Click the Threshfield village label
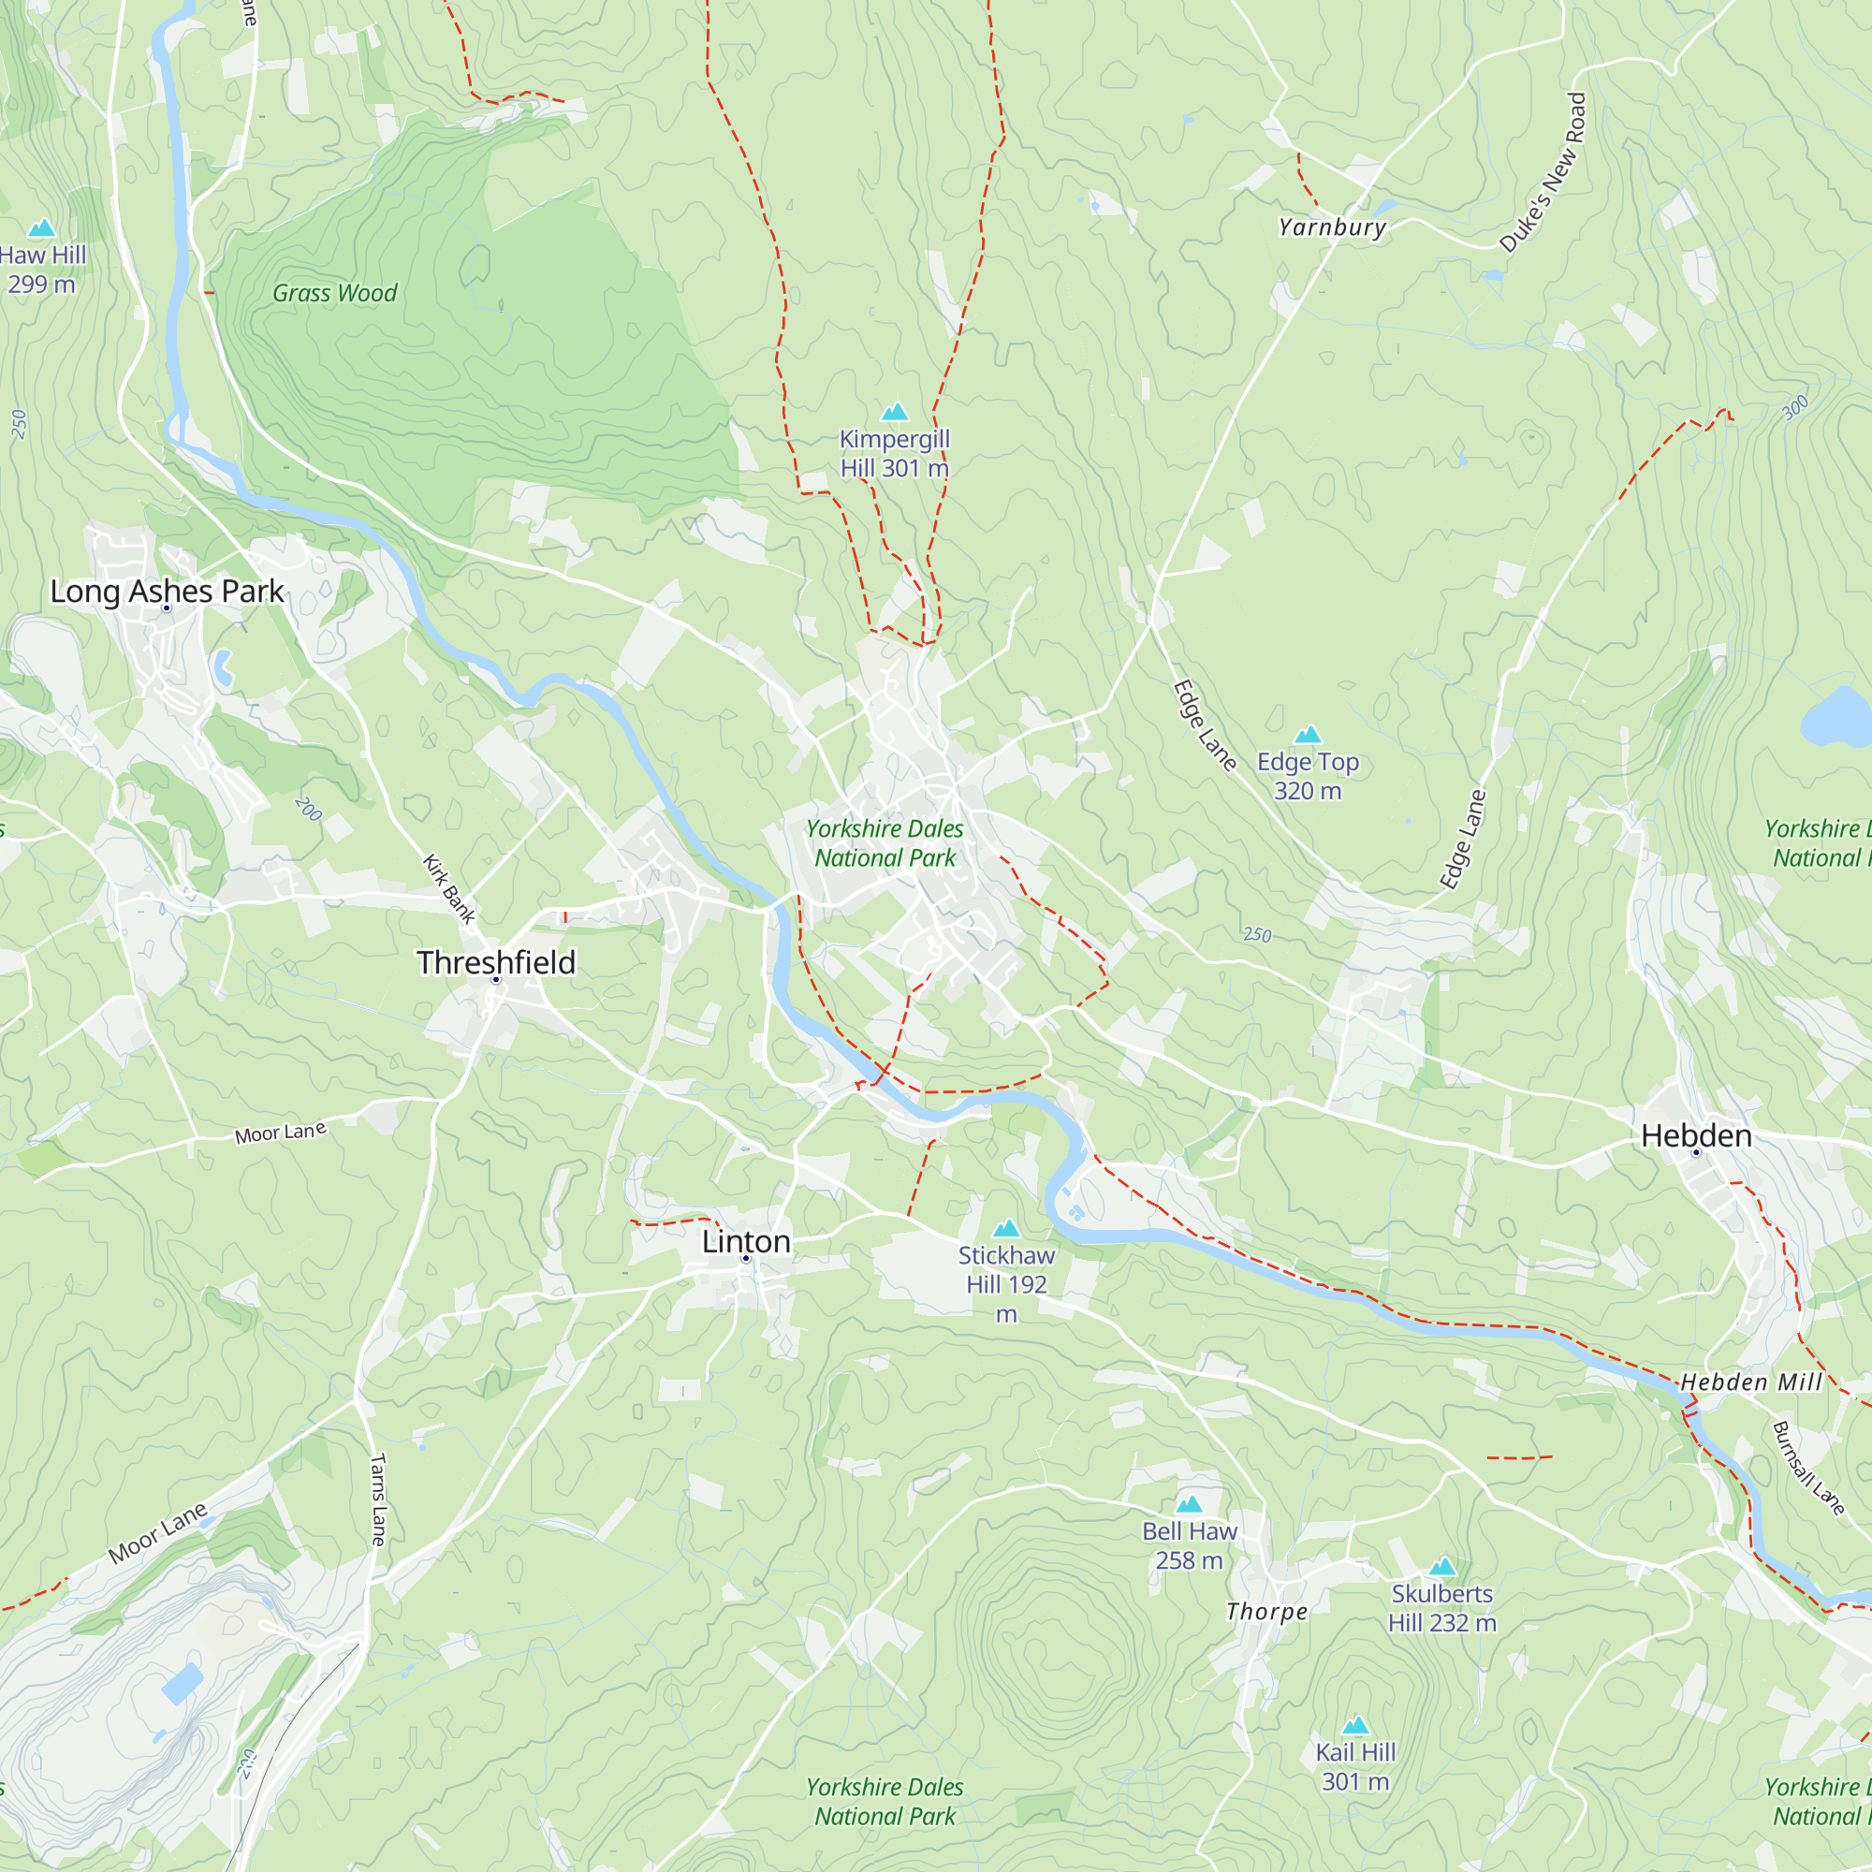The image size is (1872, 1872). (x=496, y=962)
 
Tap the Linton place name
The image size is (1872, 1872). (x=746, y=1241)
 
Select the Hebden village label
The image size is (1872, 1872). (x=1696, y=1135)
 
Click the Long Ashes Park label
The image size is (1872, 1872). (x=167, y=591)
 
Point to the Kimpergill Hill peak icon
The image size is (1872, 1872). (x=894, y=412)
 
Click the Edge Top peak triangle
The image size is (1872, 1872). (x=1309, y=735)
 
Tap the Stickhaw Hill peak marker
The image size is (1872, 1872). (x=1007, y=1229)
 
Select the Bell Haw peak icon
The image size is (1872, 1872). (x=1189, y=1504)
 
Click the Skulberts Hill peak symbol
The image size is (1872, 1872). (x=1442, y=1567)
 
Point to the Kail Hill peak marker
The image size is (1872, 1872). (x=1355, y=1725)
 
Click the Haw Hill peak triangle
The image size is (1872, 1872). (x=42, y=228)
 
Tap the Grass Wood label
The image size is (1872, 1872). (x=334, y=293)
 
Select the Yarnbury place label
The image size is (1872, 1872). (x=1332, y=227)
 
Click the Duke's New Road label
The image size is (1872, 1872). (x=1543, y=172)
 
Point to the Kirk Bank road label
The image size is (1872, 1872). (x=448, y=888)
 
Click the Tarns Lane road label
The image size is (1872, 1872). (x=378, y=1499)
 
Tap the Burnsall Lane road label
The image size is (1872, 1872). (x=1808, y=1468)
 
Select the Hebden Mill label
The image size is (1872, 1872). (x=1751, y=1382)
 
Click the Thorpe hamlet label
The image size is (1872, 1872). (x=1266, y=1612)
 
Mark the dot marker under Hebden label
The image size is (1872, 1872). (x=1696, y=1153)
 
